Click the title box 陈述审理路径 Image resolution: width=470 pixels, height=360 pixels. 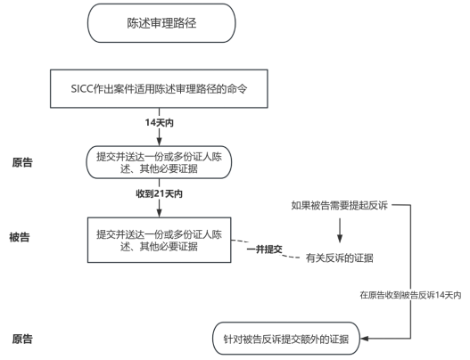tap(161, 24)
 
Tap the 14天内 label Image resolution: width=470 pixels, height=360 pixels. tap(160, 120)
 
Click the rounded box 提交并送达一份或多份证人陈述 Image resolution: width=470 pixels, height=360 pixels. tap(160, 163)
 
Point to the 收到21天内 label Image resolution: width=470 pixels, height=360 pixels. tap(160, 192)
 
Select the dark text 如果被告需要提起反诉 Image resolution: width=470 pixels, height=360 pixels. tap(339, 206)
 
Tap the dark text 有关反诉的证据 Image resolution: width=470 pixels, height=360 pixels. tap(339, 258)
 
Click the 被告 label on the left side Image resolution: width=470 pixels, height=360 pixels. tap(21, 238)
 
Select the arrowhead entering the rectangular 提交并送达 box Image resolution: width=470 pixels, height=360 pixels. tap(160, 212)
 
